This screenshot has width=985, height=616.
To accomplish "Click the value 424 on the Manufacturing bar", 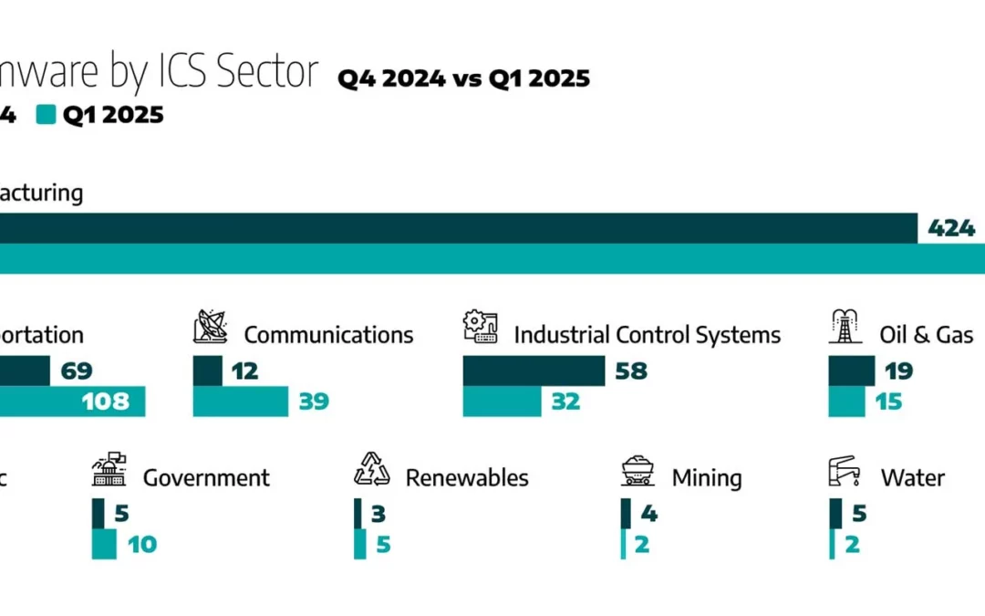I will tap(951, 228).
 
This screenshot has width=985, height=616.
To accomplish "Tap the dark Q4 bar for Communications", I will tap(207, 371).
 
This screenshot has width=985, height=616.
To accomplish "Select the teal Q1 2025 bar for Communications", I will tap(241, 401).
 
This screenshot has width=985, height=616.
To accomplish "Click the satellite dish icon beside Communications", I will tap(211, 327).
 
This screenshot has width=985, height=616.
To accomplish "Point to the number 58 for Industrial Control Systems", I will tap(632, 371).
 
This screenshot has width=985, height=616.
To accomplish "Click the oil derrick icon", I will tap(845, 327).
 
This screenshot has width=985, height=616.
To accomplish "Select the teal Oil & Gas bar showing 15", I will tap(846, 401).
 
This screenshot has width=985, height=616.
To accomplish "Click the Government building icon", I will tap(109, 469).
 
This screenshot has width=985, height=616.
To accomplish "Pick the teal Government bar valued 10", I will tap(104, 545).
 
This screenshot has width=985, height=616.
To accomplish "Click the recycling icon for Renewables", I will tap(372, 469).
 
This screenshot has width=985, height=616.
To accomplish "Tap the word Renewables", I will tap(467, 477).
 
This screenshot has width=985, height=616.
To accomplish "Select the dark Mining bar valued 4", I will tap(626, 514).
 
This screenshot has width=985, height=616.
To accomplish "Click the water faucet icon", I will tap(845, 470).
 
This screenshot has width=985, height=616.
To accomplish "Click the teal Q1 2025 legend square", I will tap(46, 115).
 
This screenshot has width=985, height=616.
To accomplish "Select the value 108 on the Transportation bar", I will tap(106, 401).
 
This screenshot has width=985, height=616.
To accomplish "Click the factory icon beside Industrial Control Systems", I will tap(481, 327).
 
